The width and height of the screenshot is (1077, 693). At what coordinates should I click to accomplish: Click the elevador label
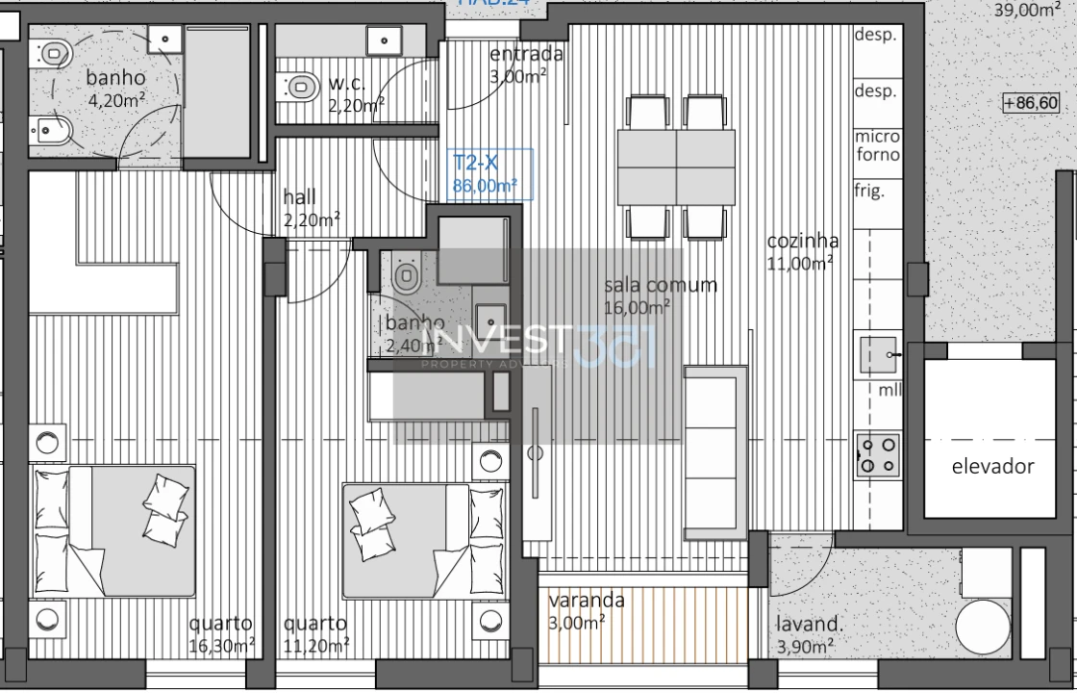[x=992, y=467]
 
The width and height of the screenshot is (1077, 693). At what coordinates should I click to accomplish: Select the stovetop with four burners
[x=879, y=455]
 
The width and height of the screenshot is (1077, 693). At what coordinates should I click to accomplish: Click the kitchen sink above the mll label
[x=878, y=355]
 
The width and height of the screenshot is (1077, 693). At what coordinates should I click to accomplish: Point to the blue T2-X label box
[x=489, y=174]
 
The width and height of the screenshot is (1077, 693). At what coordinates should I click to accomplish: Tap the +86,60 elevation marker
[x=1030, y=103]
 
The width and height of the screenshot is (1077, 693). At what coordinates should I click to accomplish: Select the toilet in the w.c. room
[x=301, y=87]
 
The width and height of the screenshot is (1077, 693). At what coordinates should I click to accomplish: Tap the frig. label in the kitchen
[x=869, y=191]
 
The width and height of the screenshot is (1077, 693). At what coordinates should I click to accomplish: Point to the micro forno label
[x=877, y=145]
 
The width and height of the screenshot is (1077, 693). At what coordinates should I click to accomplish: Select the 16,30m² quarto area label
[x=221, y=634]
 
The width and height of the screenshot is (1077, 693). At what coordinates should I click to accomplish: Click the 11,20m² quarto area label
[x=316, y=634]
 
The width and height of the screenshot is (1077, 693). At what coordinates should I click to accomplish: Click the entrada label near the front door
[x=525, y=55]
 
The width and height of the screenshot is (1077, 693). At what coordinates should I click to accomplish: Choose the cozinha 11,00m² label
[x=802, y=251]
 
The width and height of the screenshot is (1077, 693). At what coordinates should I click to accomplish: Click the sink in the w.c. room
[x=383, y=39]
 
